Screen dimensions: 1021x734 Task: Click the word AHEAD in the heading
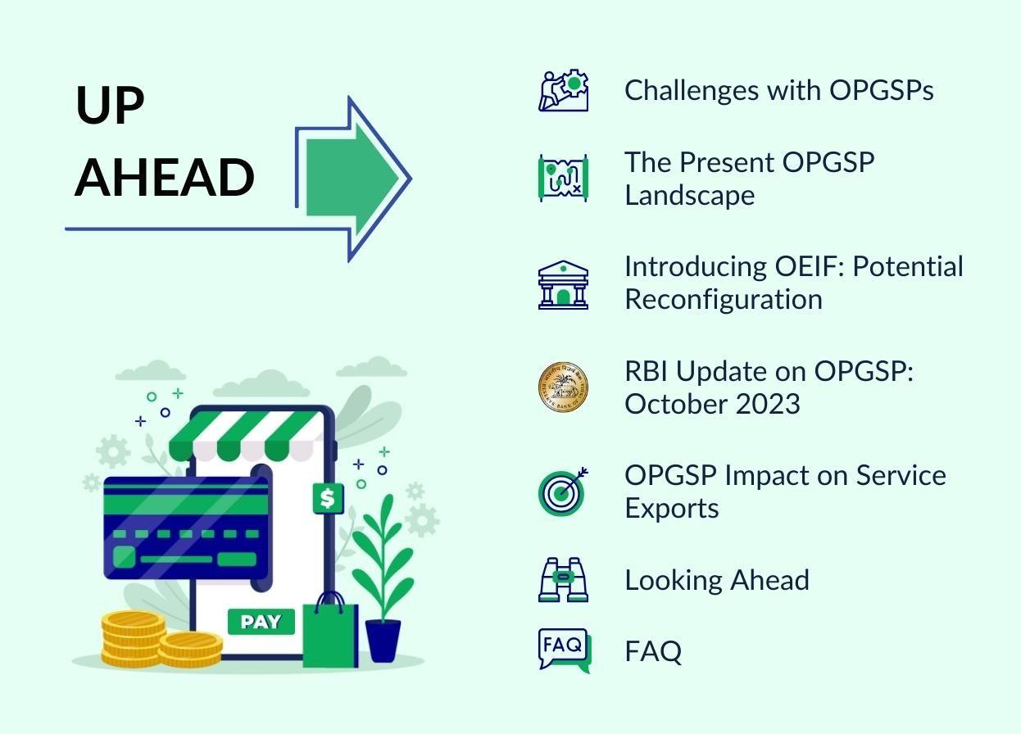click(164, 177)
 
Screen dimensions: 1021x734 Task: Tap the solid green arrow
click(352, 177)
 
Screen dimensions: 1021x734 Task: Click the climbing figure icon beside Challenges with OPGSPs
click(564, 90)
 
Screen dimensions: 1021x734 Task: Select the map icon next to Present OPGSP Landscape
click(564, 178)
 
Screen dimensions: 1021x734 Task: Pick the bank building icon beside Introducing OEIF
click(564, 285)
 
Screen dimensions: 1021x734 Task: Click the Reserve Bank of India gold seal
click(564, 387)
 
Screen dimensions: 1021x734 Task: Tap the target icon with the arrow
click(562, 492)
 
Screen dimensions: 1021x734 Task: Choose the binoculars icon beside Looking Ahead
click(564, 579)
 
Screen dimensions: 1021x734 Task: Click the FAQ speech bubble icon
click(565, 650)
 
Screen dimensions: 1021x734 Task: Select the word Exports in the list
click(671, 508)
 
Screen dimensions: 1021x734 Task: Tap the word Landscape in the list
click(690, 196)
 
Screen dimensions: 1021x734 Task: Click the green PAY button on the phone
click(261, 622)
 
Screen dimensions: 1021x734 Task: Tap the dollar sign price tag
click(328, 498)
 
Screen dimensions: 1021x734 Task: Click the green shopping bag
click(331, 632)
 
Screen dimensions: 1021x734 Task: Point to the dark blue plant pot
click(383, 640)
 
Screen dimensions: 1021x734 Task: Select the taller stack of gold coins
click(133, 639)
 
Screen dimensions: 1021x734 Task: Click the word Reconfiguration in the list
click(724, 300)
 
